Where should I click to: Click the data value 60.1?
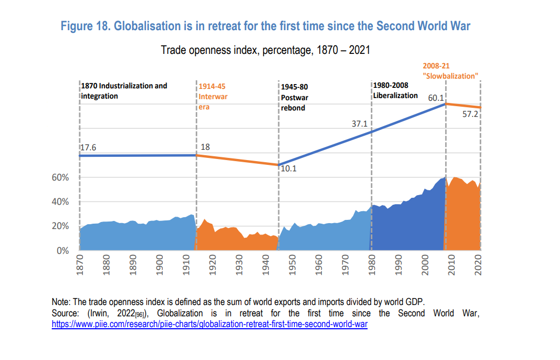point(435,98)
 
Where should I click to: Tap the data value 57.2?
point(471,115)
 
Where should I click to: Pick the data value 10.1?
point(289,169)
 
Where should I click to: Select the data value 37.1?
point(359,124)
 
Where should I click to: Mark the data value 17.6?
point(88,147)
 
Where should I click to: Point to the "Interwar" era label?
point(213,96)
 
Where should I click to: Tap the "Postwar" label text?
point(294,98)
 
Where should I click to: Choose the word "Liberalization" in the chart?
point(395,95)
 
